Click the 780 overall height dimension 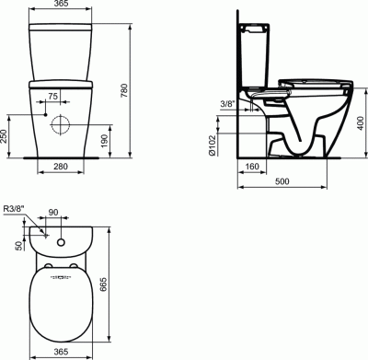125,90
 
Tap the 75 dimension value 52,97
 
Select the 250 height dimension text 3,136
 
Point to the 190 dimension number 105,141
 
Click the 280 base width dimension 61,167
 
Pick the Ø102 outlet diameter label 213,145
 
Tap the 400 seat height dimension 361,123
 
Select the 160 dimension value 252,167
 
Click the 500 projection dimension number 282,181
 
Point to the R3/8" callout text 14,209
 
